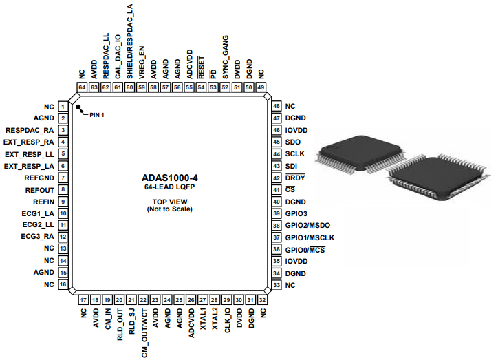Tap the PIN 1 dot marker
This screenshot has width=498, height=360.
(x=79, y=109)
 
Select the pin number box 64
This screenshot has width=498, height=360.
(x=82, y=87)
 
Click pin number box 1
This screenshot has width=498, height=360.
(x=63, y=107)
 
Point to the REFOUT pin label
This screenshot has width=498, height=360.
(x=39, y=189)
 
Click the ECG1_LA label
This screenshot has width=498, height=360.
(x=38, y=213)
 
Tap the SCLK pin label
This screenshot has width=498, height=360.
(x=294, y=153)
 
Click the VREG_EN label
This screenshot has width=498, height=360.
(x=142, y=61)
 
